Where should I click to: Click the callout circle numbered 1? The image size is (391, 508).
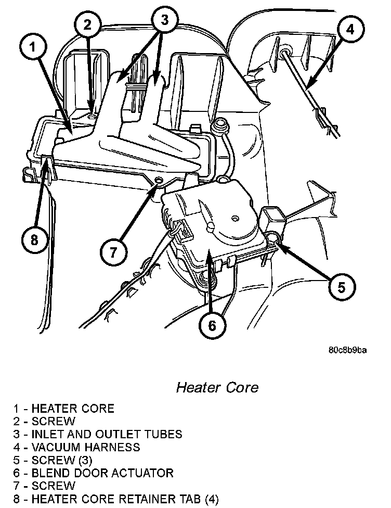(x=34, y=48)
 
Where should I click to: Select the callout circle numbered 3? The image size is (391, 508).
(x=164, y=20)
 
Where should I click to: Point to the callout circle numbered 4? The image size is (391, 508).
(x=350, y=30)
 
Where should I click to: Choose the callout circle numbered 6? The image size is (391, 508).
(x=212, y=325)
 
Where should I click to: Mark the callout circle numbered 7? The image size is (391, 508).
(x=114, y=253)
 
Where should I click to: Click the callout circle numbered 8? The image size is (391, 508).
(x=34, y=240)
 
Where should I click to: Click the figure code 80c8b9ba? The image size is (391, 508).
(x=347, y=350)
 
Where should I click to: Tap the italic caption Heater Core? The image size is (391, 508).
(x=217, y=388)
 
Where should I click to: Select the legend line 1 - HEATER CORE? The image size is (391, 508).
(x=64, y=408)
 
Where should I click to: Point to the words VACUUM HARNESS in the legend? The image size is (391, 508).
(x=85, y=447)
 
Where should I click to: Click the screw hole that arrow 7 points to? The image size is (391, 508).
(x=158, y=181)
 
